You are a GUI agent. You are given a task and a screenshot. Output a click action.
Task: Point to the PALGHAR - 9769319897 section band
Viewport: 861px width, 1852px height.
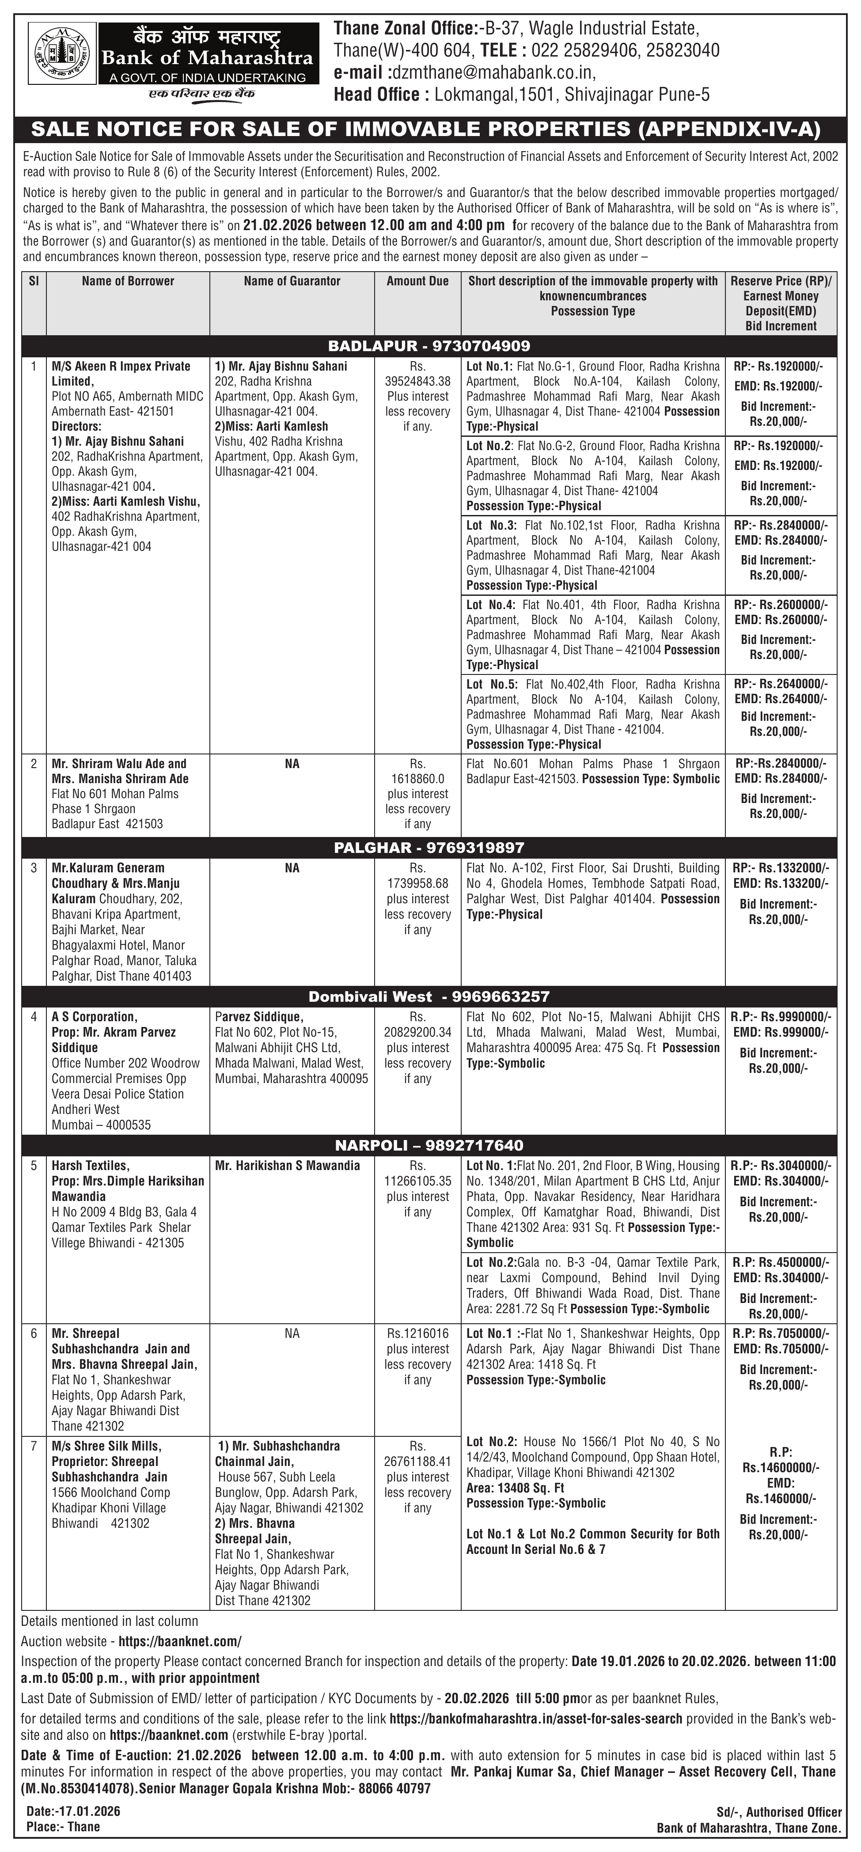[429, 848]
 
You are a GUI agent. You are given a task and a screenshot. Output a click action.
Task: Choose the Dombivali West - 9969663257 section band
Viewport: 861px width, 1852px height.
[429, 996]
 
